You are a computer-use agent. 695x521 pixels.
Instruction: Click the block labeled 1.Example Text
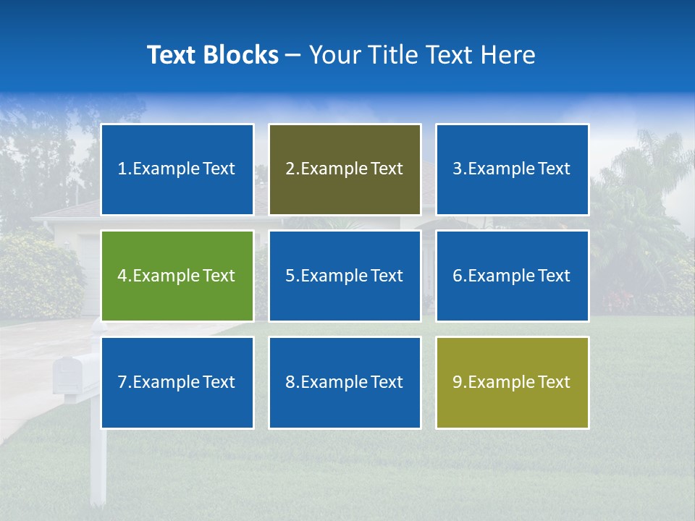tap(177, 169)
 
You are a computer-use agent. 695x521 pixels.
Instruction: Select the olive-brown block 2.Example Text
tap(345, 169)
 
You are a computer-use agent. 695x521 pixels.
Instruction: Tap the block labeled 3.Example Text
tap(512, 169)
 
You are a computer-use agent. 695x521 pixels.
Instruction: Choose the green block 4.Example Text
tap(177, 276)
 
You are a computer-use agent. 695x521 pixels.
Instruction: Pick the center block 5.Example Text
tap(345, 276)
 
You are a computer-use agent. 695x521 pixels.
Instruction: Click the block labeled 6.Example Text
tap(512, 276)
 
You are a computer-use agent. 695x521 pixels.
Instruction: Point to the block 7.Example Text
tap(177, 382)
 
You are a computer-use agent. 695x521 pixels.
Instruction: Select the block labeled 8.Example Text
tap(345, 382)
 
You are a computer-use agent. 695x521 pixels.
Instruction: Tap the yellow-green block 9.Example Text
tap(512, 382)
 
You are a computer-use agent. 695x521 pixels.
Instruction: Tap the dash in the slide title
tap(293, 55)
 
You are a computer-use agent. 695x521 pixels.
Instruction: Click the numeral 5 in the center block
tap(290, 276)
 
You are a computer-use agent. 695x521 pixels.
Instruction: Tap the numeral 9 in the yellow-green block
tap(458, 382)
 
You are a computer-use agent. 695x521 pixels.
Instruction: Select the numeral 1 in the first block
tap(122, 169)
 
